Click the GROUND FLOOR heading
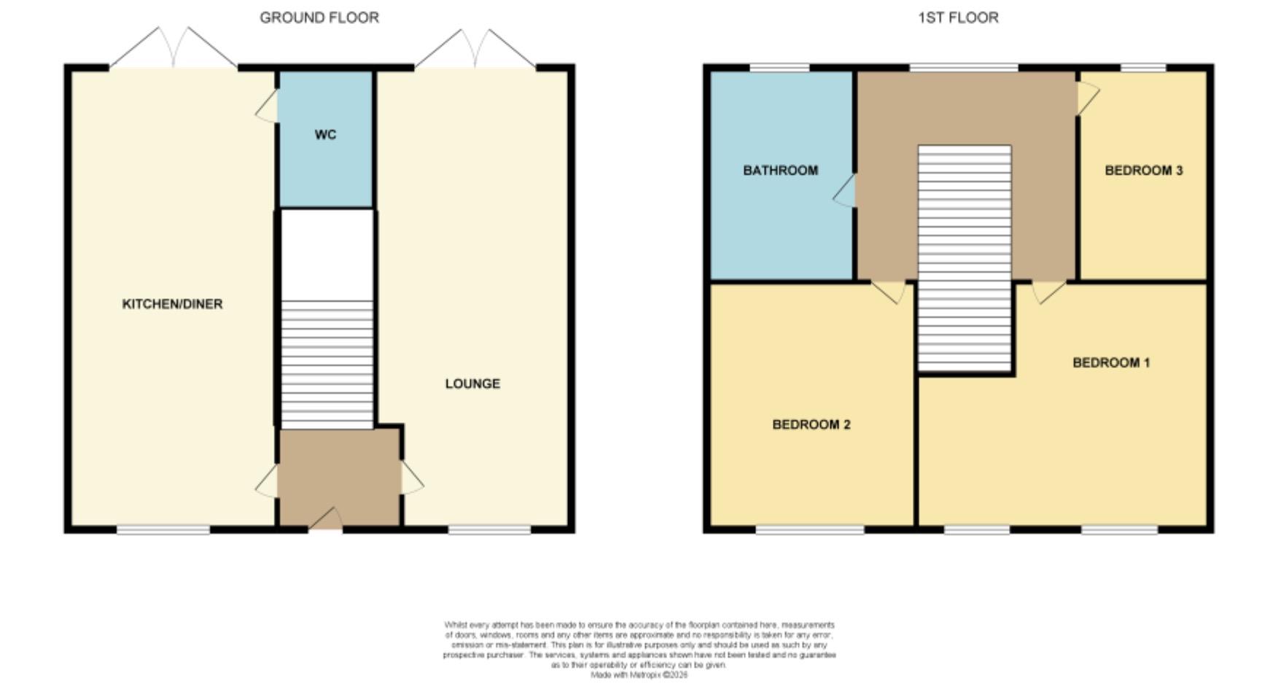(x=319, y=17)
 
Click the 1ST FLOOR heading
(x=957, y=17)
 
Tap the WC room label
(x=325, y=135)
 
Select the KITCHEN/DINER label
(x=172, y=304)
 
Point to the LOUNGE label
(x=472, y=384)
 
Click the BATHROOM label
(x=780, y=171)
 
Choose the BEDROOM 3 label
(x=1143, y=171)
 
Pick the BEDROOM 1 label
(x=1110, y=362)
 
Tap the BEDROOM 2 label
(x=811, y=424)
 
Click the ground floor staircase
(x=327, y=365)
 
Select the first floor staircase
(x=964, y=259)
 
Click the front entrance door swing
(x=327, y=518)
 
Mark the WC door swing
(x=268, y=106)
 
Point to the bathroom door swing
(x=846, y=191)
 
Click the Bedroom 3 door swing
(x=1087, y=97)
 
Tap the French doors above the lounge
(x=475, y=48)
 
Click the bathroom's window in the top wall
(x=779, y=68)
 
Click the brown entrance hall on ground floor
(x=340, y=478)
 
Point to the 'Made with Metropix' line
(x=639, y=675)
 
